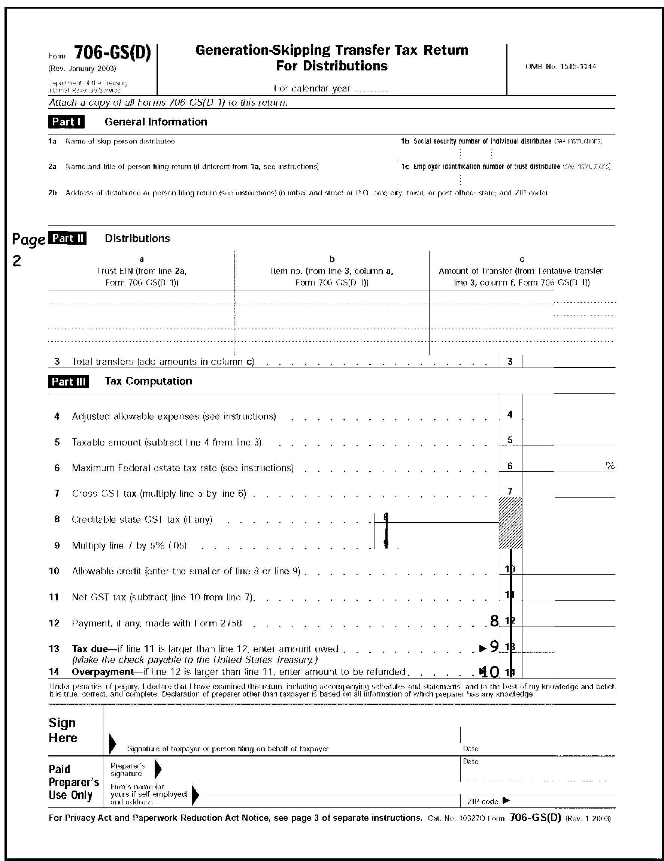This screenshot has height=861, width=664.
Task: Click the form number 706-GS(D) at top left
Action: point(112,53)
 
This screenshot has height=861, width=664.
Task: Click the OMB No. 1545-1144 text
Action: point(560,67)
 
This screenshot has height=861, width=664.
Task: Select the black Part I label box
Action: point(66,122)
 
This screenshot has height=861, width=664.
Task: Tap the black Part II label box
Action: point(67,238)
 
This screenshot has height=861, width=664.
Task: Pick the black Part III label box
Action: point(69,382)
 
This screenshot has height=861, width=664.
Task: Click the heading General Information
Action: point(156,122)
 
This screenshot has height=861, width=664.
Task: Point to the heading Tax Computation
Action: point(148,381)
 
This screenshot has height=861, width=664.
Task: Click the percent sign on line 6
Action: point(610,466)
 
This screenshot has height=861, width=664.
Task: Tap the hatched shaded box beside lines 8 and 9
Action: point(510,523)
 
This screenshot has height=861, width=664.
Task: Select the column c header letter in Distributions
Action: point(522,259)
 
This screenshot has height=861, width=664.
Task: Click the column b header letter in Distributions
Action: point(332,259)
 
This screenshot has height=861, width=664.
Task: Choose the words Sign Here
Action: point(63,730)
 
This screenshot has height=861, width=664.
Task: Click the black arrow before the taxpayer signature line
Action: point(112,743)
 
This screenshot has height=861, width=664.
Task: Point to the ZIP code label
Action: point(483,801)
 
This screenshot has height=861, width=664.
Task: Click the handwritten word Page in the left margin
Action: point(28,239)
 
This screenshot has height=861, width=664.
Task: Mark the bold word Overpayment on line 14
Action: point(103,672)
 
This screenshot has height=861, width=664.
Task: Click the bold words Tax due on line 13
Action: point(90,649)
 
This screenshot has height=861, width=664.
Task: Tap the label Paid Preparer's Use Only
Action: point(73,782)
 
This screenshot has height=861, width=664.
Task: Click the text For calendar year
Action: point(312,88)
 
